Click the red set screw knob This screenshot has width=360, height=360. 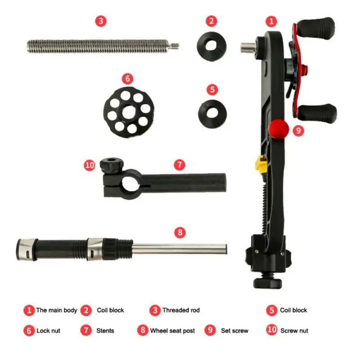[279, 129]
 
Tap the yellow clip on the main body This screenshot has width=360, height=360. [261, 164]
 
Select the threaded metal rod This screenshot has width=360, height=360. [103, 46]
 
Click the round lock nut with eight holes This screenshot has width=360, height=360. [129, 112]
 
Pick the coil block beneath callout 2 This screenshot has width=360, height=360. [211, 46]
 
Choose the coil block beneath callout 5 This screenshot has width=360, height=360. [212, 114]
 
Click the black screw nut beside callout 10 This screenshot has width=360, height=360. [112, 165]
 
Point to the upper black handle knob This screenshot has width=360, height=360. [316, 27]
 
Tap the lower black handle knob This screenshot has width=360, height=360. [318, 113]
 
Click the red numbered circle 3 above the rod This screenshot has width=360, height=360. [101, 21]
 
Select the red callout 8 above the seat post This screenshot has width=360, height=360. [180, 232]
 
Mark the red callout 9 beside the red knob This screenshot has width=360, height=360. [298, 130]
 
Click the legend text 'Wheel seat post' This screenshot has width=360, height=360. [172, 331]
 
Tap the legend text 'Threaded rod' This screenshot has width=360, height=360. [181, 310]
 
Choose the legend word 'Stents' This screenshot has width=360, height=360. [105, 331]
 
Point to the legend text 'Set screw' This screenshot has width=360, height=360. [234, 331]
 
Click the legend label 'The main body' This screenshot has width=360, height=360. [57, 310]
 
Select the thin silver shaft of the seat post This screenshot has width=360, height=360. [180, 249]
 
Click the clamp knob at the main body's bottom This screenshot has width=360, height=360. [267, 283]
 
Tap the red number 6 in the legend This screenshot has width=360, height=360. [29, 331]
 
